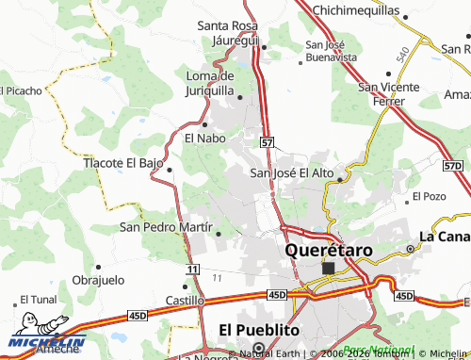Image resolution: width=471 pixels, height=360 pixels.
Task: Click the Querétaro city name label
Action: pyautogui.click(x=329, y=251)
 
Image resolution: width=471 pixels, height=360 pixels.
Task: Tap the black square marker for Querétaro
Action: pyautogui.click(x=328, y=269)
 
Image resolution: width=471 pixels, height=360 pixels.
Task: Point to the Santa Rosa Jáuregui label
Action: pyautogui.click(x=240, y=33)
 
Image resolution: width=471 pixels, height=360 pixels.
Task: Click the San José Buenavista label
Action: pyautogui.click(x=331, y=50)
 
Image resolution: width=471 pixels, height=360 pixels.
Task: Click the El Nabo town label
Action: pyautogui.click(x=203, y=139)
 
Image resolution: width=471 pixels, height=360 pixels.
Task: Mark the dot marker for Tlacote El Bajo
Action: pyautogui.click(x=170, y=170)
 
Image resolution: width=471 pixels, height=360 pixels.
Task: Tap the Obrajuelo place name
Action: pyautogui.click(x=98, y=281)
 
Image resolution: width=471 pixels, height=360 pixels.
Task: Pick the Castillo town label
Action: pyautogui.click(x=186, y=300)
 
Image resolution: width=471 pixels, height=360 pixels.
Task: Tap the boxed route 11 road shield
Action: pyautogui.click(x=192, y=270)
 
